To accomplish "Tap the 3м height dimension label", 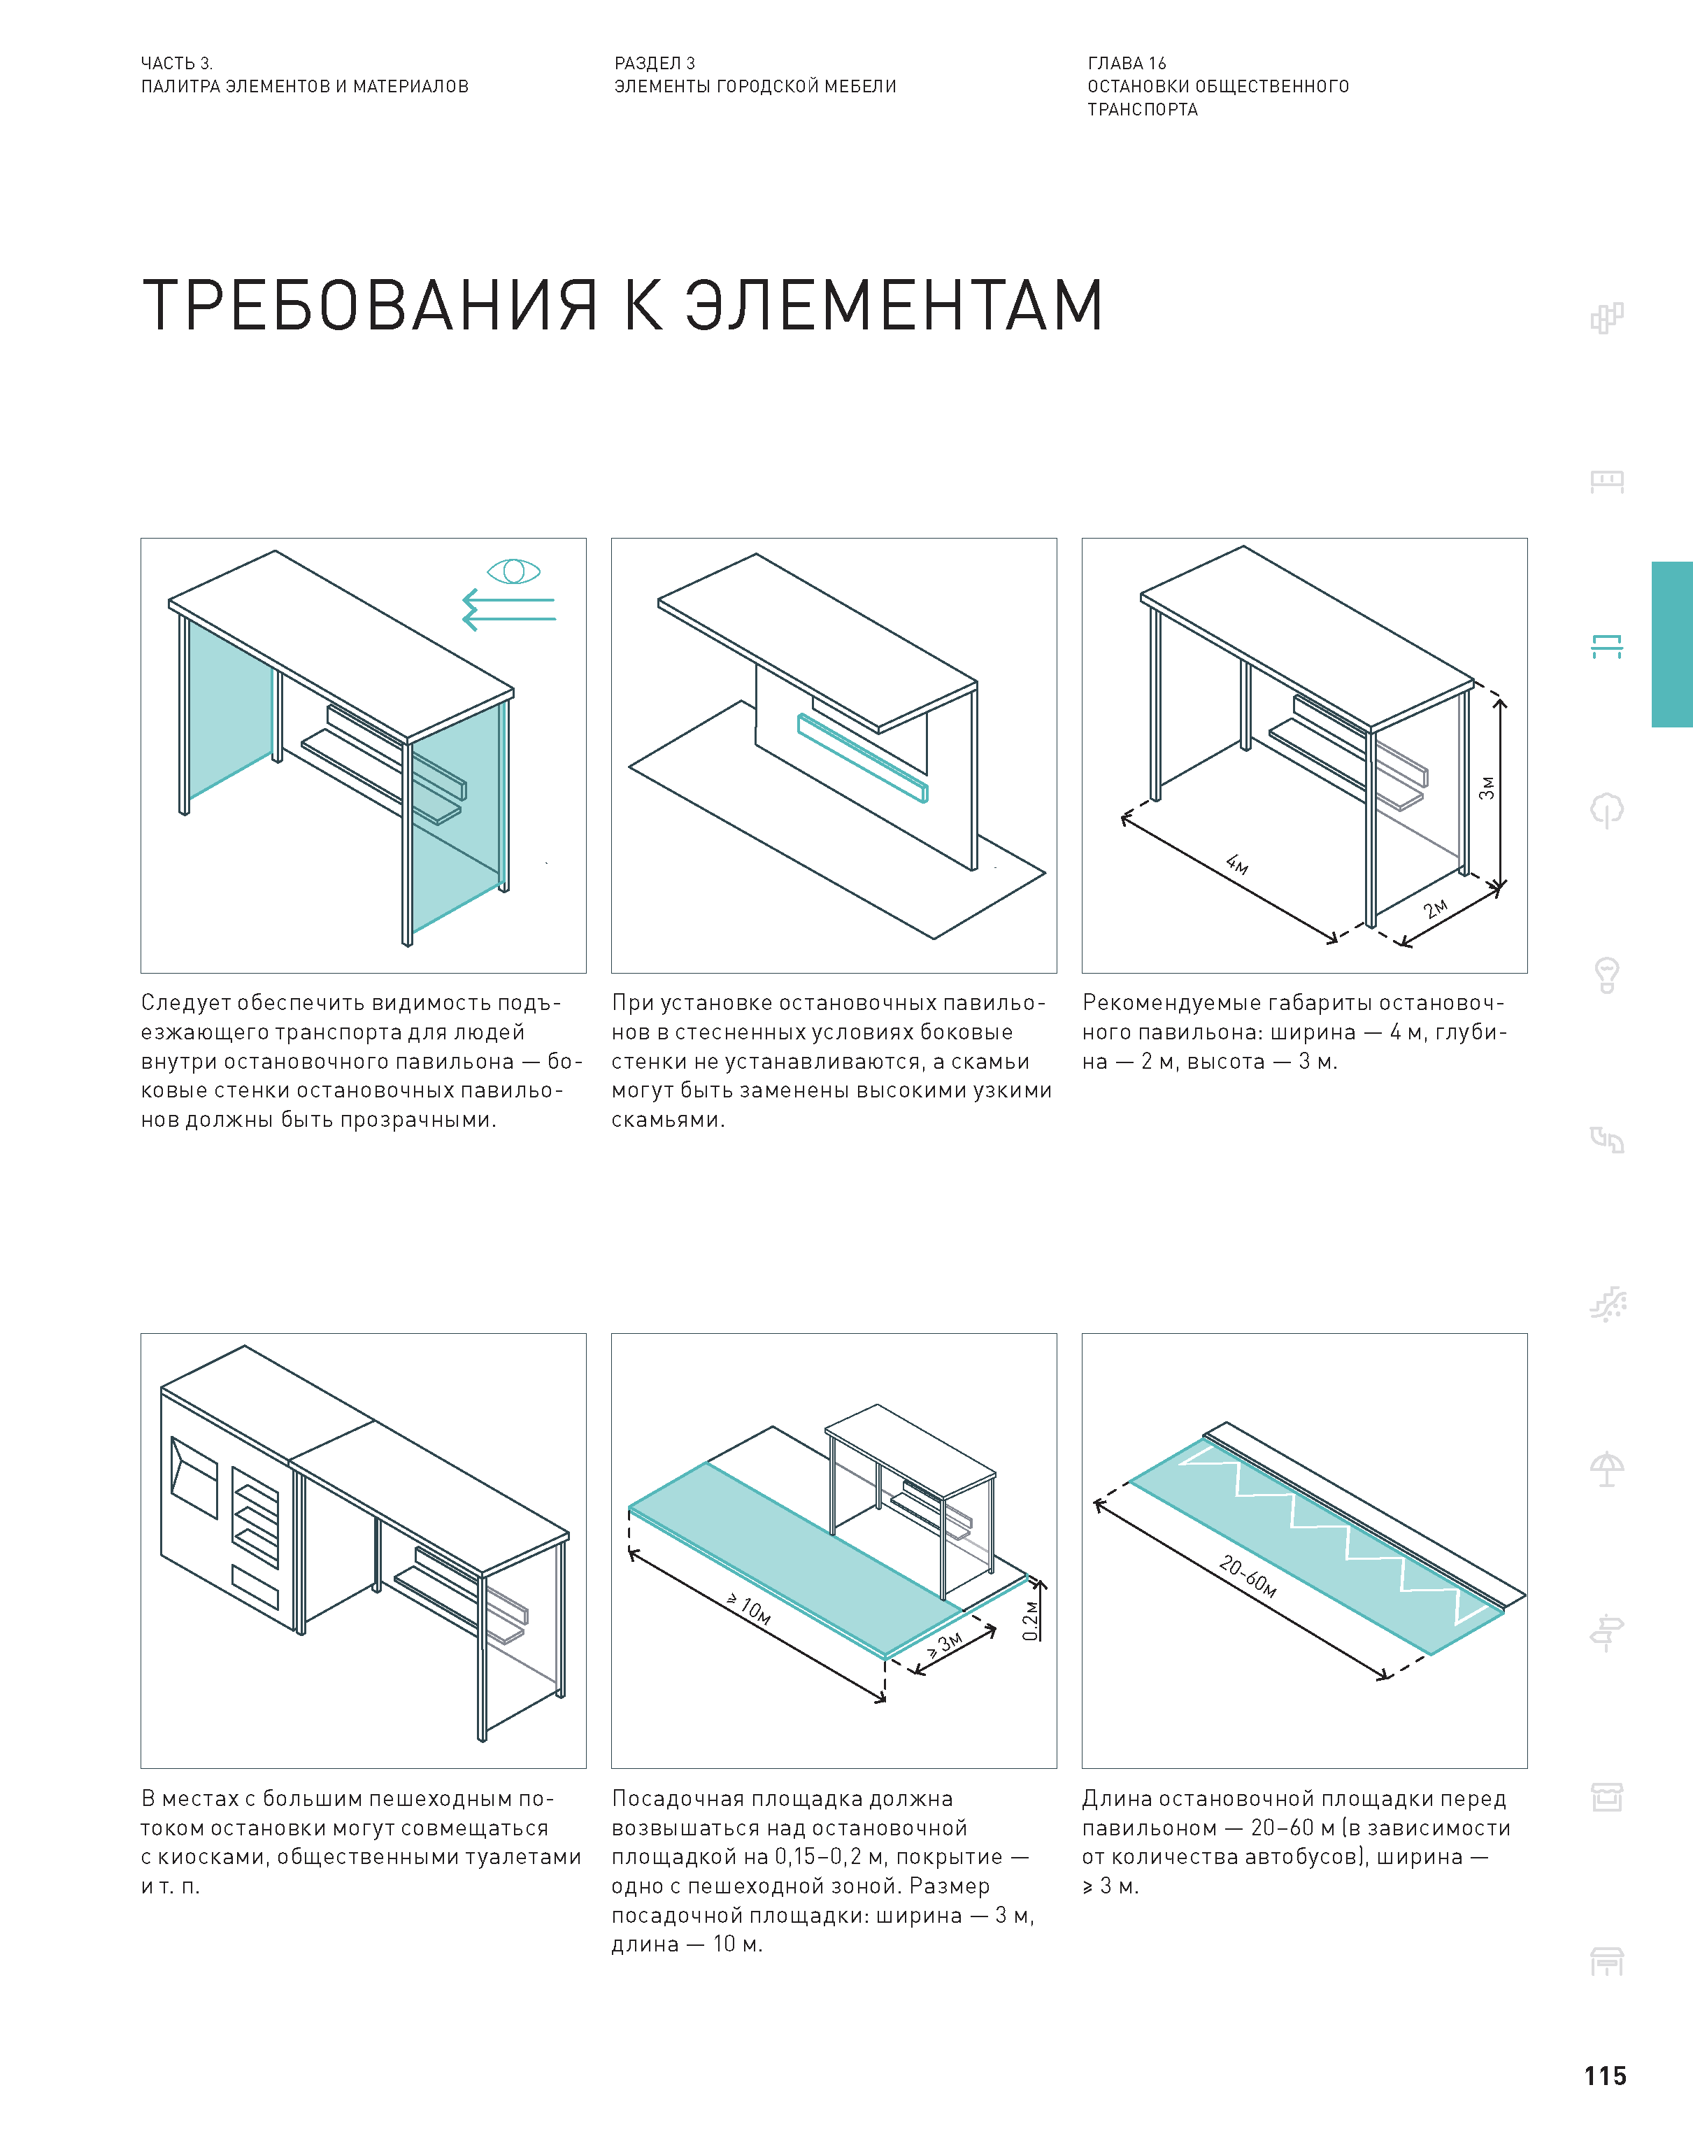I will coord(1487,788).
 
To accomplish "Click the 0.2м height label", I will coord(1031,1621).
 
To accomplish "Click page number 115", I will coord(1605,2076).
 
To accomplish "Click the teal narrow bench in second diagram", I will coord(862,758).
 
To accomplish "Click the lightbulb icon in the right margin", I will coord(1607,975).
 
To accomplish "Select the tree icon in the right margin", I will coord(1607,811).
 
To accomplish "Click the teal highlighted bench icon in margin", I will coord(1607,646).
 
